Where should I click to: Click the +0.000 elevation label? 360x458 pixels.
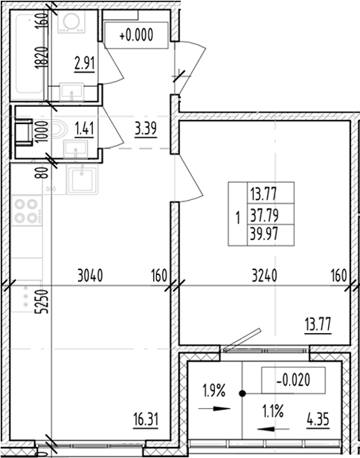(135, 33)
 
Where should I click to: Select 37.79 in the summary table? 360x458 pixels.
(261, 218)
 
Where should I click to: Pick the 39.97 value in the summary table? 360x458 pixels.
(261, 236)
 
